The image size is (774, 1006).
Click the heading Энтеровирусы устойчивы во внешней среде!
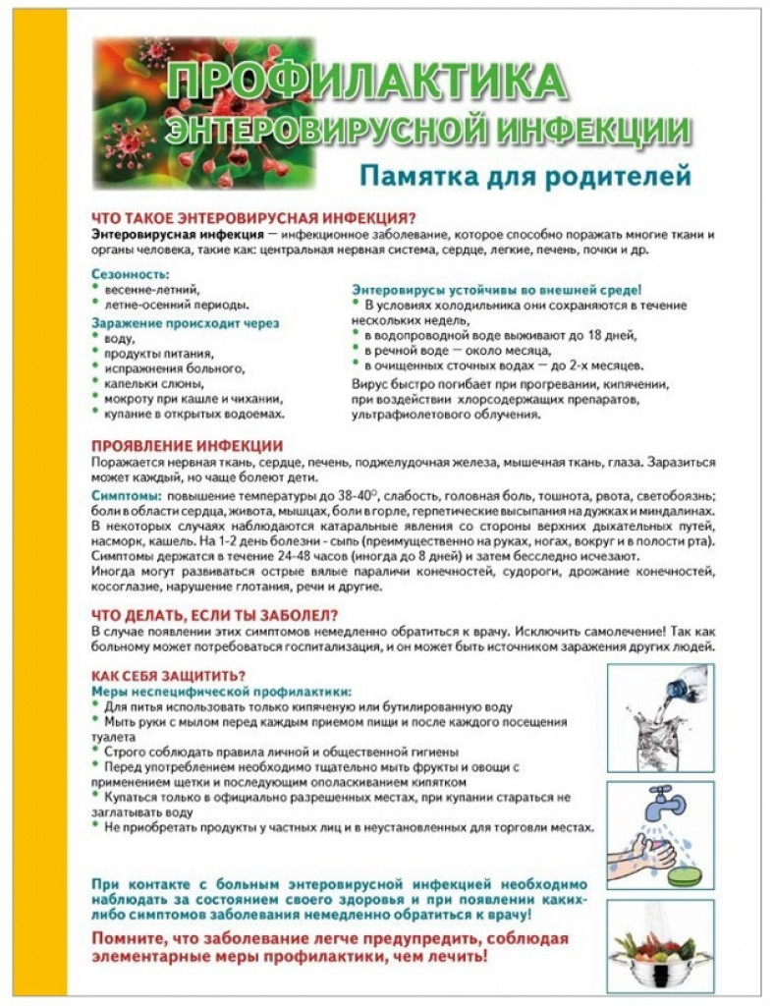496,290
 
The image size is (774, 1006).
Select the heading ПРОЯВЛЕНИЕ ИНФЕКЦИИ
187,445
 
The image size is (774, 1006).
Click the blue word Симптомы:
123,496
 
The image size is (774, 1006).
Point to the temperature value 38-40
345,496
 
